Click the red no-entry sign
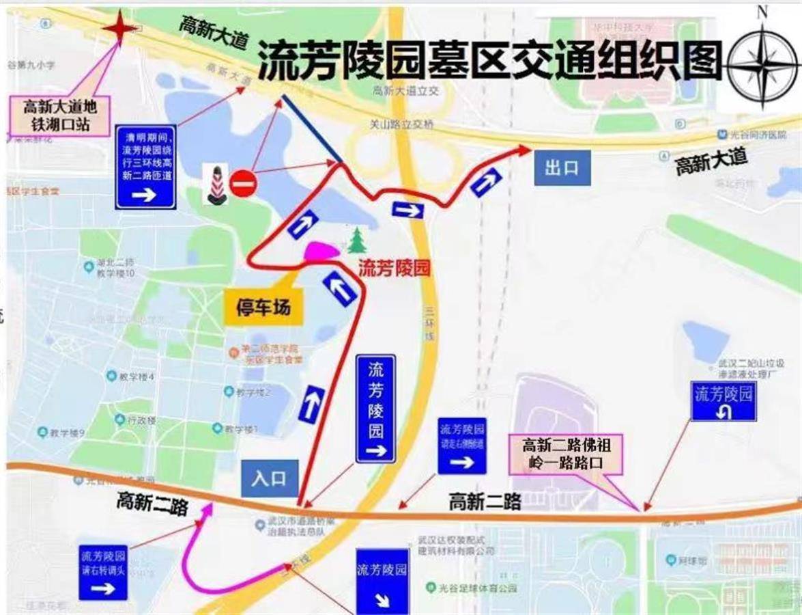pos(242,183)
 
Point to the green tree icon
pos(355,241)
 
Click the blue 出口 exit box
pos(562,168)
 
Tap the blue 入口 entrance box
pos(269,478)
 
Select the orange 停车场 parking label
pos(263,309)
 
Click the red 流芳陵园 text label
pos(395,268)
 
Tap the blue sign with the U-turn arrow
pos(724,400)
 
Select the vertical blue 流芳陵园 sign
pos(375,409)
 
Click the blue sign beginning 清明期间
pos(146,166)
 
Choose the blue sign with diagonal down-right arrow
pos(382,580)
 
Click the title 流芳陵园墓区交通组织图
pos(489,59)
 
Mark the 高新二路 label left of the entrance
pos(152,503)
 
